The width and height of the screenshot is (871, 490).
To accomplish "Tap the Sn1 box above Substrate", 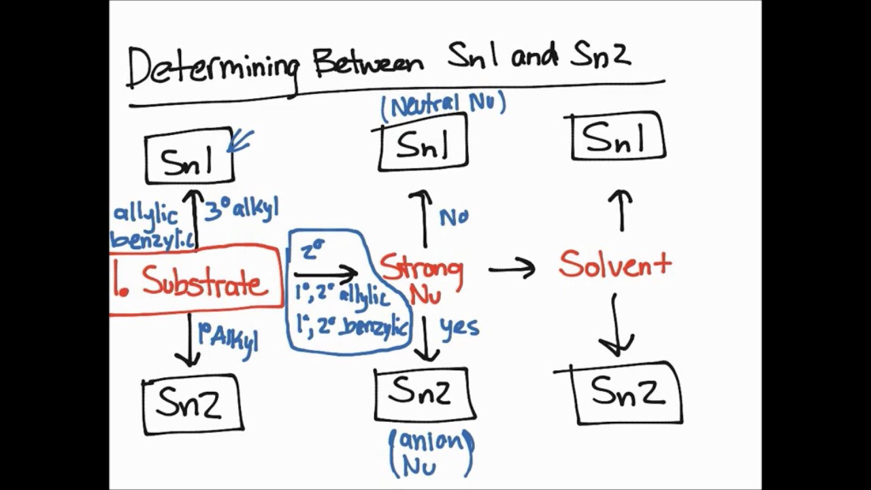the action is point(189,157).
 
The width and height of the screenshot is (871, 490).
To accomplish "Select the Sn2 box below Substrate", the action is point(193,404).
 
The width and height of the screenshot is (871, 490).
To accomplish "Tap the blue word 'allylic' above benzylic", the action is point(146,214).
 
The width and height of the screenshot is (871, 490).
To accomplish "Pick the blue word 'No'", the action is point(454,217).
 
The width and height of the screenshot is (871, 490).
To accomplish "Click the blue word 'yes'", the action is point(459,327).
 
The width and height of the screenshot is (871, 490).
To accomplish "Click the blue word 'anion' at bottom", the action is point(430,441).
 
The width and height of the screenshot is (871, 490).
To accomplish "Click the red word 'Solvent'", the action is point(614,264).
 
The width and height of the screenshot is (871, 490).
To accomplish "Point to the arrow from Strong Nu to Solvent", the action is point(512,269).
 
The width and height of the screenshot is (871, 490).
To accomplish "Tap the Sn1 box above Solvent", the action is point(618,138).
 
